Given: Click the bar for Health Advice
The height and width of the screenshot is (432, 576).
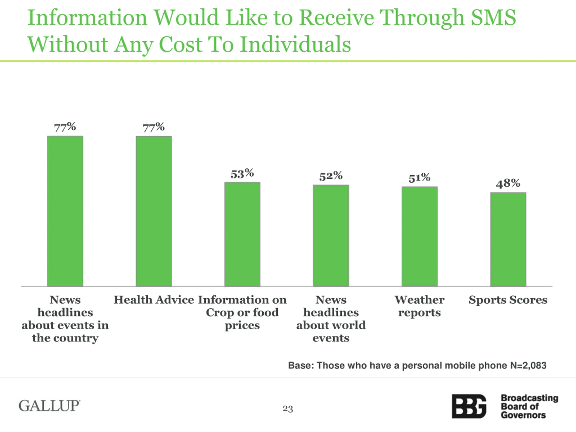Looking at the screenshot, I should [x=154, y=211].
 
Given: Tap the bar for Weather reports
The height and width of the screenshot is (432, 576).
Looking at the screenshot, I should [x=419, y=236].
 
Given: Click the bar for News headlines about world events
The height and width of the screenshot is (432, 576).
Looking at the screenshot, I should [x=331, y=235].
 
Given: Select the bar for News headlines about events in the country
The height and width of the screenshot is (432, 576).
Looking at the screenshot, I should [x=65, y=211].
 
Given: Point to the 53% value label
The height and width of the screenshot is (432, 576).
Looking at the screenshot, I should [x=242, y=174].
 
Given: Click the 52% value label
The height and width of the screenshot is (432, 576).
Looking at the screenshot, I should [x=331, y=176].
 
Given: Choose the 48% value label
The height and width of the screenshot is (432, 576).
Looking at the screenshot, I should [x=508, y=184].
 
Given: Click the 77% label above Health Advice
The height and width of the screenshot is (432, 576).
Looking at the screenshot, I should [x=153, y=127].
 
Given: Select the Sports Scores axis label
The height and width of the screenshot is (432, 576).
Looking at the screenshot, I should [x=508, y=300].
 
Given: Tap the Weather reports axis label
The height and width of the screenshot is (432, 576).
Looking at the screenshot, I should [x=419, y=306].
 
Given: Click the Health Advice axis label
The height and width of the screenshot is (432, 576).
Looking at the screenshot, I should [x=154, y=300].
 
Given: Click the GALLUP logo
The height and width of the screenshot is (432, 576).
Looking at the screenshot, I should [x=49, y=406].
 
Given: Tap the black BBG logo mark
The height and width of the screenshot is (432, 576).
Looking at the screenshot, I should [x=469, y=406].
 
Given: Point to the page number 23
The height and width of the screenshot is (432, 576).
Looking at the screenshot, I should [x=288, y=409].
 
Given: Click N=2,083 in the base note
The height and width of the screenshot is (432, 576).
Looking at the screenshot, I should [x=528, y=366].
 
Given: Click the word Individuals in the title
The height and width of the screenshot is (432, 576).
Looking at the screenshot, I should [x=295, y=44].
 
